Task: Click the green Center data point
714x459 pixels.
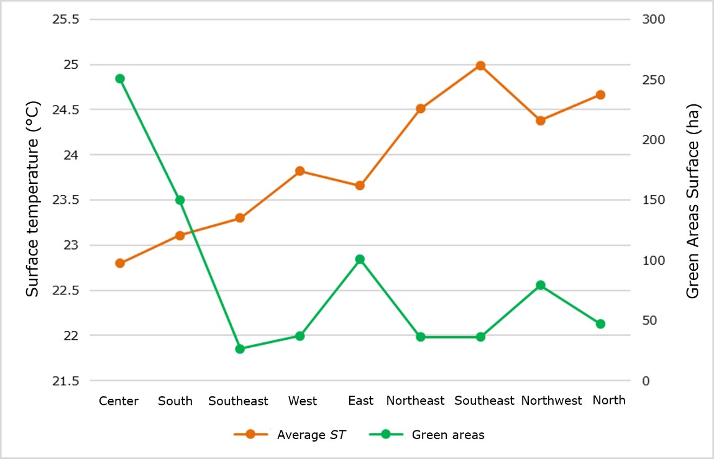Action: click(120, 79)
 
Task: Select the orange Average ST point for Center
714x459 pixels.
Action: click(120, 263)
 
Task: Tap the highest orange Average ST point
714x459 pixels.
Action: click(480, 66)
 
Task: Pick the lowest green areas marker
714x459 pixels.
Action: click(240, 349)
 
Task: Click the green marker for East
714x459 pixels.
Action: click(360, 260)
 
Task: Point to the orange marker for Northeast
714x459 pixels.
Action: click(420, 109)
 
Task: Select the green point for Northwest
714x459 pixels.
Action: click(541, 286)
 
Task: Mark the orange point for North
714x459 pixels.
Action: click(600, 95)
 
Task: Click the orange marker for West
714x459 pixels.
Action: click(300, 171)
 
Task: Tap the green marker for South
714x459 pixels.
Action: click(180, 200)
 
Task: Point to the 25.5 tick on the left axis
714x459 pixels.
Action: click(65, 19)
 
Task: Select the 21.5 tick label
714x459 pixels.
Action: click(65, 381)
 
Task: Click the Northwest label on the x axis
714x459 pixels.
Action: click(552, 401)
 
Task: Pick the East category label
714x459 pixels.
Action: click(361, 401)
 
